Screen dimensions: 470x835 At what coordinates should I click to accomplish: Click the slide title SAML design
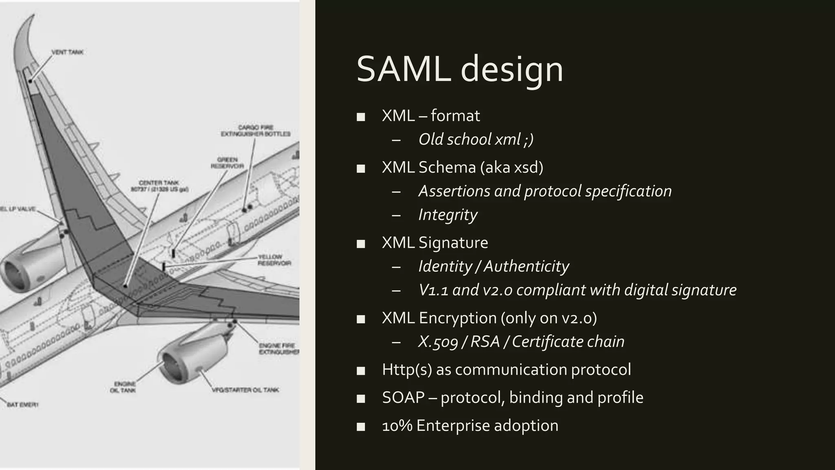tap(459, 69)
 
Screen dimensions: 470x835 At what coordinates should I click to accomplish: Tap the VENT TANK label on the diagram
tap(67, 52)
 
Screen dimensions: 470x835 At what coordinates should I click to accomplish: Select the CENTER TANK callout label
tap(159, 186)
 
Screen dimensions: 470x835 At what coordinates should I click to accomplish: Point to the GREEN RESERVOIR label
tap(227, 163)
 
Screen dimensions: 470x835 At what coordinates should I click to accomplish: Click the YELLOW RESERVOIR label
tap(274, 260)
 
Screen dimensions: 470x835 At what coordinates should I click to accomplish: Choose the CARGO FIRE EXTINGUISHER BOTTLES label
tap(256, 131)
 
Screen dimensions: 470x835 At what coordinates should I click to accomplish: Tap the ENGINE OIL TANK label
tap(123, 387)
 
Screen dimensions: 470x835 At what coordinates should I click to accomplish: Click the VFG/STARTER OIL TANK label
tap(245, 390)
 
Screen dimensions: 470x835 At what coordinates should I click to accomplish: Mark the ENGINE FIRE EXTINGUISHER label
tap(279, 348)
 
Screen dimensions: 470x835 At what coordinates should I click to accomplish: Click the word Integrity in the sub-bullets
tap(448, 215)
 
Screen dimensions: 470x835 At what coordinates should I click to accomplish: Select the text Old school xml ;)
tap(476, 140)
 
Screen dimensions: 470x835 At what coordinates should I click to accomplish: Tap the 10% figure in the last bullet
tap(397, 426)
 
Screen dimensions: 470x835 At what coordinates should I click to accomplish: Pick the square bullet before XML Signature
tap(360, 244)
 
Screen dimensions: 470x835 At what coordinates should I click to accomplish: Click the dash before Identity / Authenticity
tap(396, 267)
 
